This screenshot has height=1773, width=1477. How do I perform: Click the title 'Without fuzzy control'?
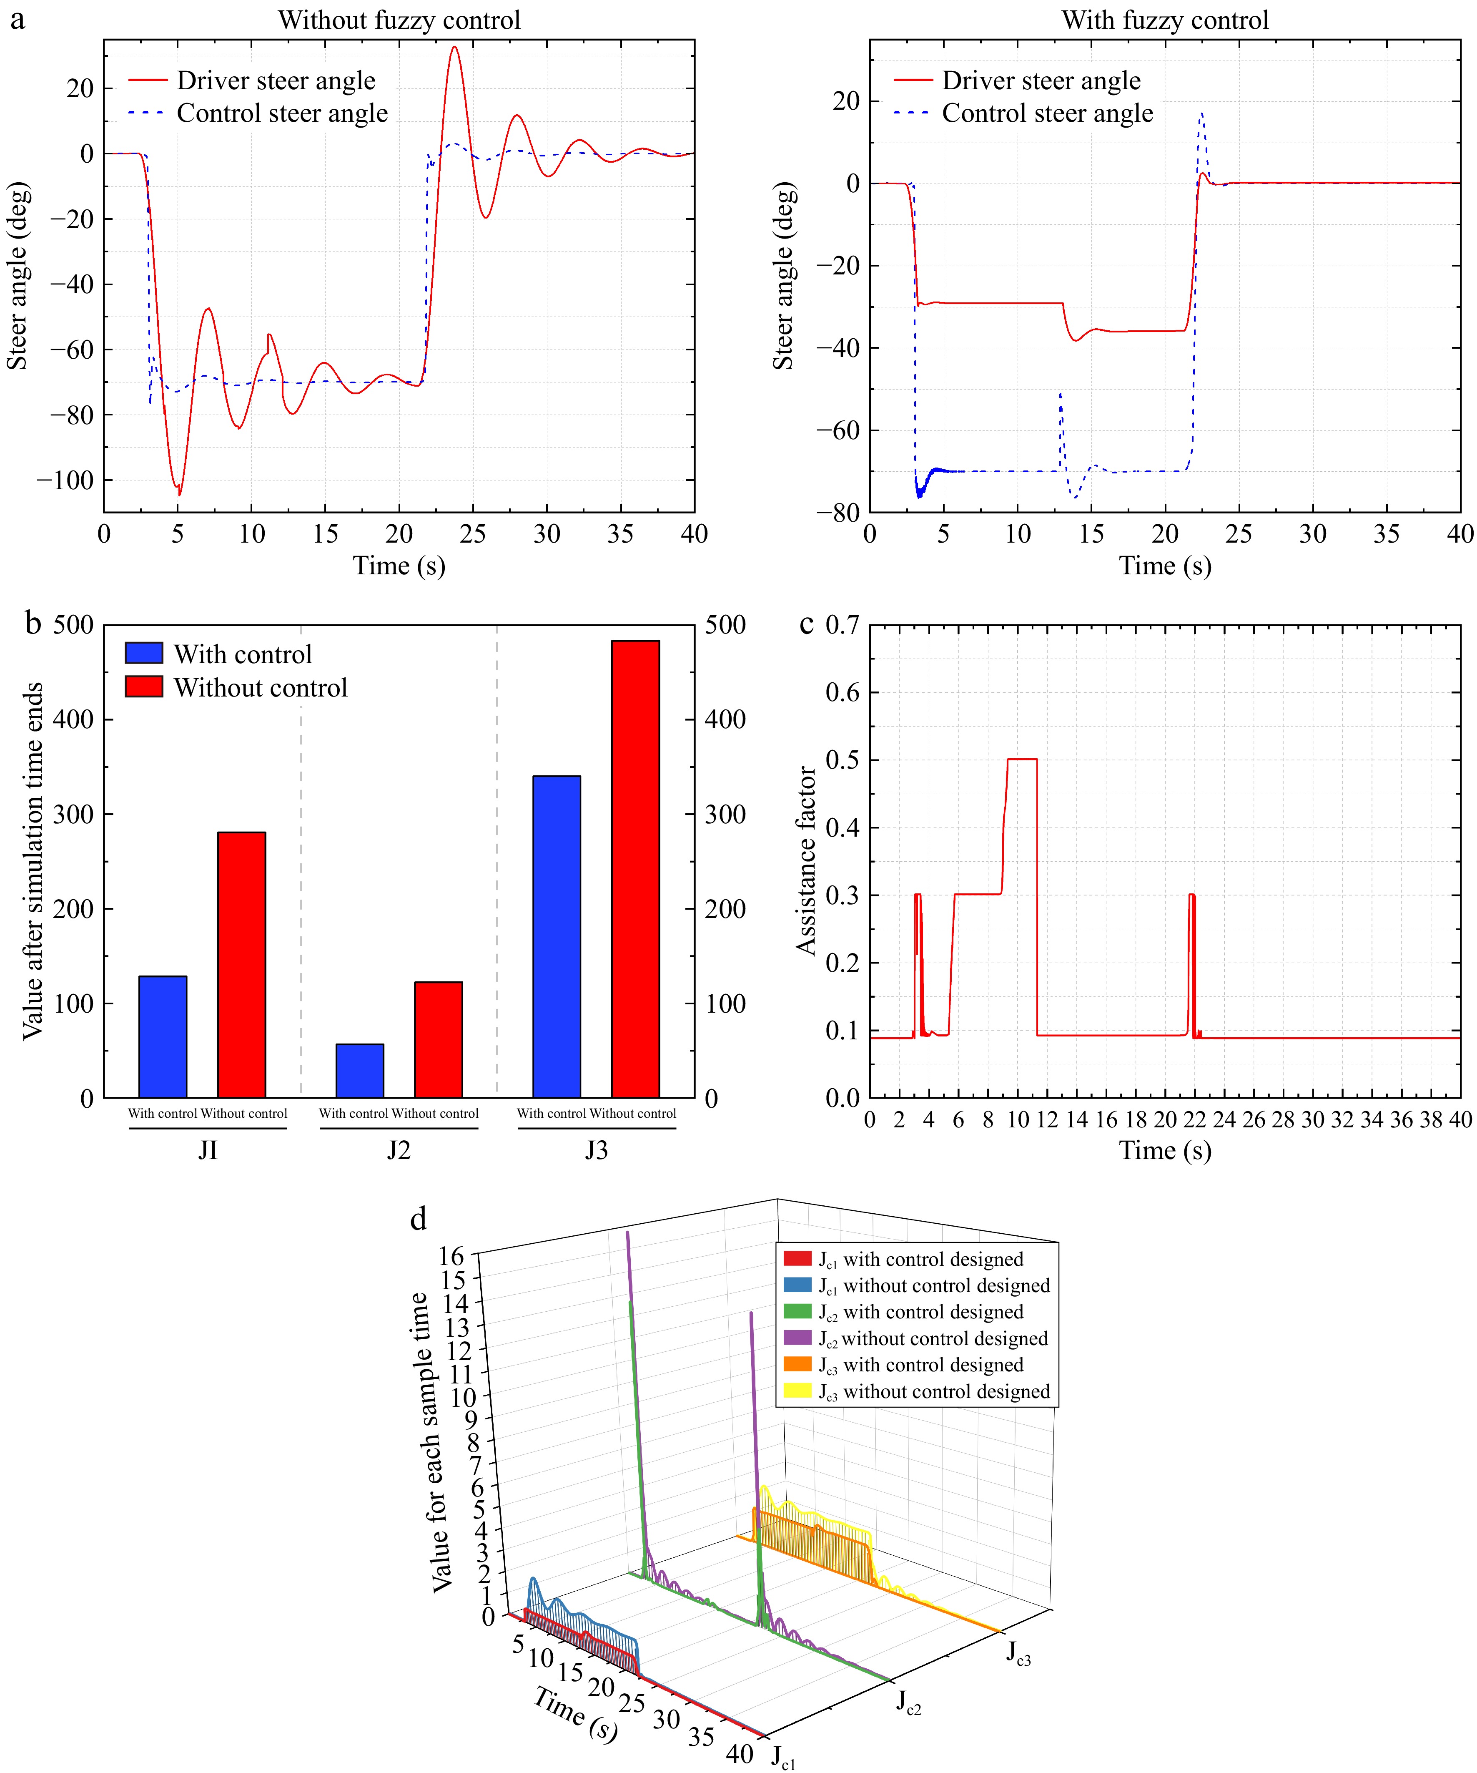[399, 20]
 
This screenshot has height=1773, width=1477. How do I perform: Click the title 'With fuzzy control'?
[1165, 20]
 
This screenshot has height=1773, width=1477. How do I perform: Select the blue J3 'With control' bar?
[557, 937]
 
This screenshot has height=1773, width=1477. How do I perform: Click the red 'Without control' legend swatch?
[143, 687]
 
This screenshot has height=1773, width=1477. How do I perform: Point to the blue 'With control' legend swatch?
[143, 654]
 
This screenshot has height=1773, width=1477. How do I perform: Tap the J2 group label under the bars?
[399, 1150]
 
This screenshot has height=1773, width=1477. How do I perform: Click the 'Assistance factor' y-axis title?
[806, 861]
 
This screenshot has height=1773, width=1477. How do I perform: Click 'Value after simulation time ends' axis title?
[32, 861]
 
